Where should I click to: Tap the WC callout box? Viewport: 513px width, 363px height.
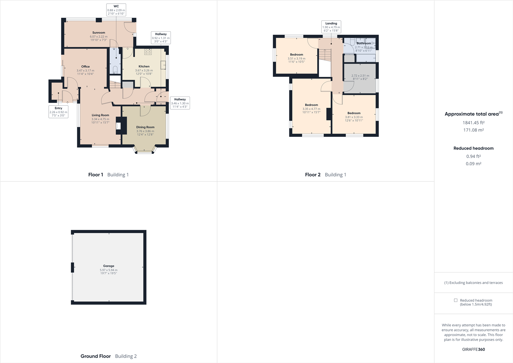pos(116,10)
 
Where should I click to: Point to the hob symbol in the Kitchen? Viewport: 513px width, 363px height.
pos(148,52)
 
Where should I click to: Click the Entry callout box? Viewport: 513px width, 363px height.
pos(58,112)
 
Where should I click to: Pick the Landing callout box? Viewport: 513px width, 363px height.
pos(331,27)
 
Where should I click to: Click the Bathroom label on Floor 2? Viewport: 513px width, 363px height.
pos(364,43)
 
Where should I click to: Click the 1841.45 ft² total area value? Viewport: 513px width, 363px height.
pos(473,123)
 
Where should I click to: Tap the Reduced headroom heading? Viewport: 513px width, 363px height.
pos(473,148)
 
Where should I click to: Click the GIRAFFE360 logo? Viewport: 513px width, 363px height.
pos(473,349)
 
